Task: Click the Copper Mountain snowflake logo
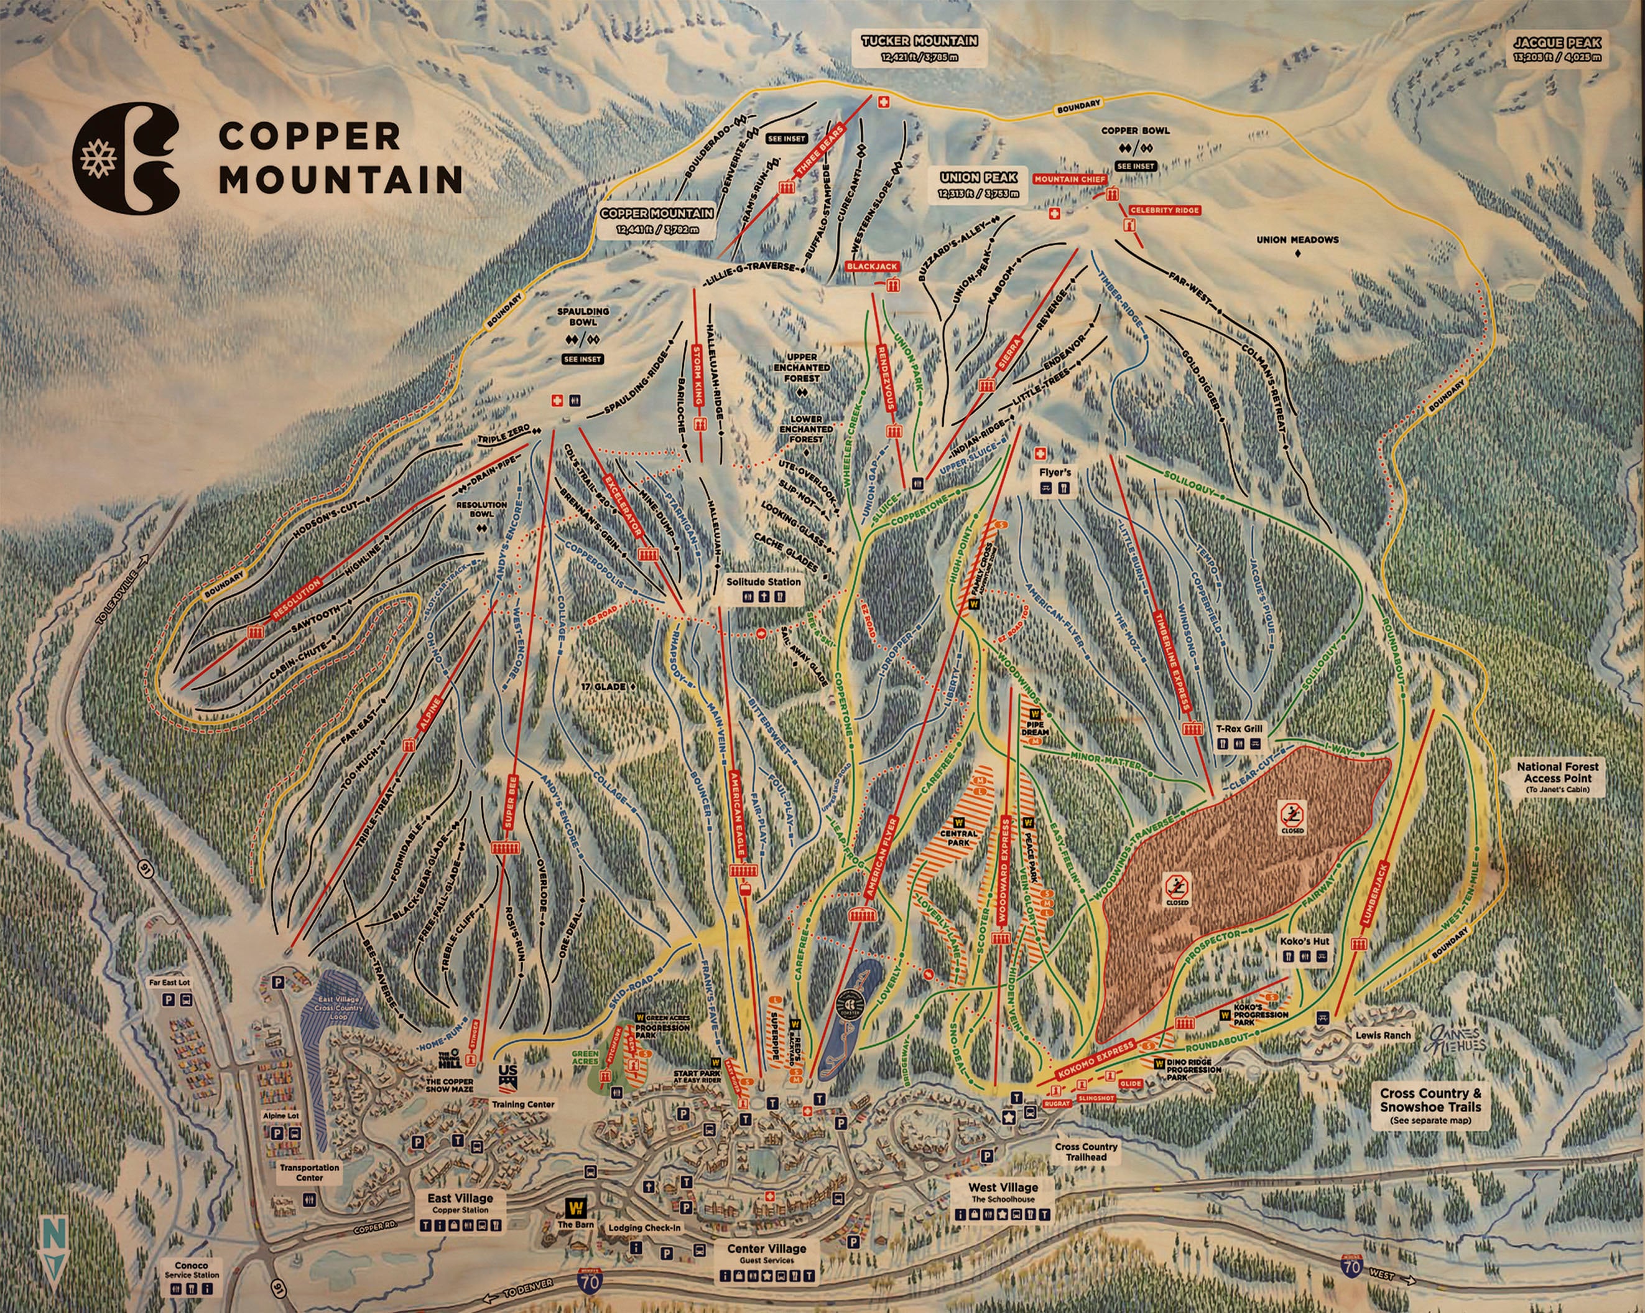tap(126, 157)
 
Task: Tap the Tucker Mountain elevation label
tap(919, 47)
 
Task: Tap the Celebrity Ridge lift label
tap(1164, 210)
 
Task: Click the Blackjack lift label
tap(872, 266)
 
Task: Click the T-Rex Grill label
tap(1238, 729)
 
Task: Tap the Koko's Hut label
tap(1305, 942)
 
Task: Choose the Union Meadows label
tap(1297, 240)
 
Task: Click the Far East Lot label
tap(169, 983)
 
